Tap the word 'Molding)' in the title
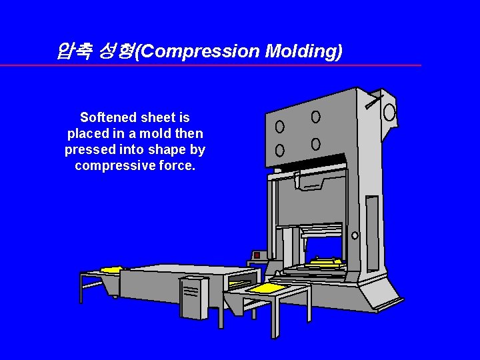tap(303, 51)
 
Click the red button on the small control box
tap(257, 255)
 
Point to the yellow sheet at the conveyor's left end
tap(111, 270)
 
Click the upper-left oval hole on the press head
tap(279, 126)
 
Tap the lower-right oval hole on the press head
tap(315, 144)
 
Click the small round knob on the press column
tap(355, 235)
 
